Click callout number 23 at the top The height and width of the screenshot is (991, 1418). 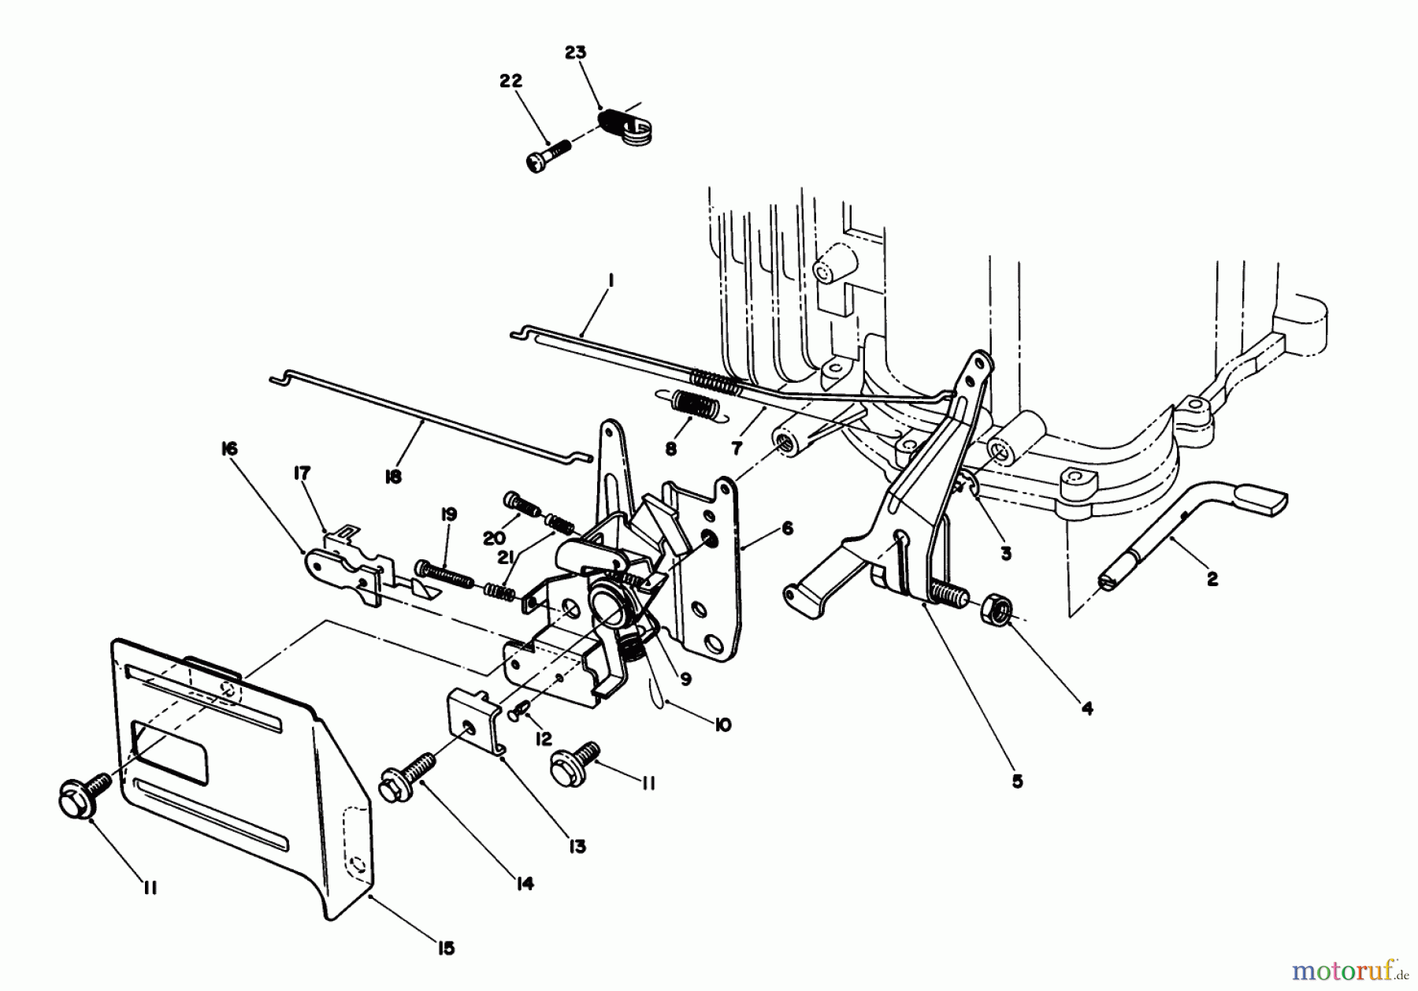[576, 53]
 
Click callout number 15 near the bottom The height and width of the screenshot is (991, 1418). [446, 948]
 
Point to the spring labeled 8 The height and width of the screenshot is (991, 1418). [696, 408]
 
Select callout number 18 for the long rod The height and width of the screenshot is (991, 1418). [393, 477]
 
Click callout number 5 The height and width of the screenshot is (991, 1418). [1017, 781]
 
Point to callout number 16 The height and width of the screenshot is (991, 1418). [229, 448]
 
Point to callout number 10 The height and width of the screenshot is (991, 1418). [722, 724]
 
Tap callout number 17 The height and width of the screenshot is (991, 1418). [302, 473]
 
